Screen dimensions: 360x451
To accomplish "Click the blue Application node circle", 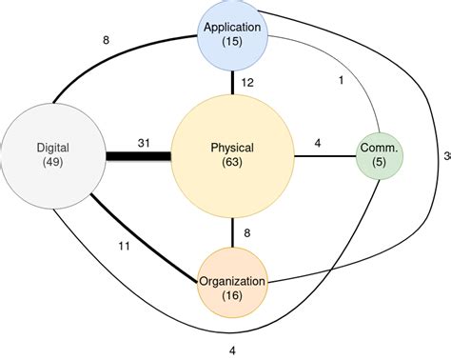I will pyautogui.click(x=233, y=34).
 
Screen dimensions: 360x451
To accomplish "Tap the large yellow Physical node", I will pyautogui.click(x=232, y=155).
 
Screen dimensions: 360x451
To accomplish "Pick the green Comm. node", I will pyautogui.click(x=381, y=155).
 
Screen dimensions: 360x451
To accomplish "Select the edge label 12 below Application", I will pyautogui.click(x=246, y=84).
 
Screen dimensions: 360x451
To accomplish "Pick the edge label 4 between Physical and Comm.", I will pyautogui.click(x=317, y=144).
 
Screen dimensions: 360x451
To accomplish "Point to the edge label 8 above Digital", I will pyautogui.click(x=107, y=40).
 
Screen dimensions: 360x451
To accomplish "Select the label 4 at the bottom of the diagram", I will pyautogui.click(x=232, y=350).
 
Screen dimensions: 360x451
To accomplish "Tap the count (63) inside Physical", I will pyautogui.click(x=232, y=163).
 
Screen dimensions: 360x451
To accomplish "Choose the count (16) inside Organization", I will pyautogui.click(x=233, y=296).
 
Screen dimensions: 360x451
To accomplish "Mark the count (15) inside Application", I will pyautogui.click(x=233, y=43).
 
